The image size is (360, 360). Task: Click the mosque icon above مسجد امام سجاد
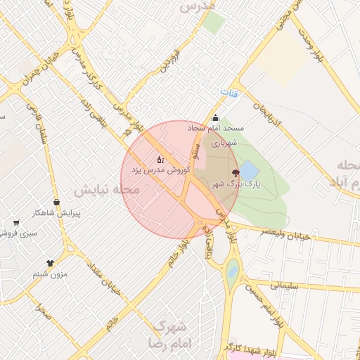tap(215, 118)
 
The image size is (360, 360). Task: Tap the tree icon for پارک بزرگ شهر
tap(235, 172)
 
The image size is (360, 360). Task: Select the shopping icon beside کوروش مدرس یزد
tap(160, 159)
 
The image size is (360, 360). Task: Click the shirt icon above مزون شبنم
tap(50, 264)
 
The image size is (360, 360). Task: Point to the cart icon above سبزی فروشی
tap(15, 223)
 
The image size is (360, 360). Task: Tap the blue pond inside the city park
tap(249, 170)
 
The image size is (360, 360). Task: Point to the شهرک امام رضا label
tap(170, 335)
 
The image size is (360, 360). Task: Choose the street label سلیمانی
tap(284, 285)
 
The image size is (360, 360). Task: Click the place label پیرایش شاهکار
tap(59, 212)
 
